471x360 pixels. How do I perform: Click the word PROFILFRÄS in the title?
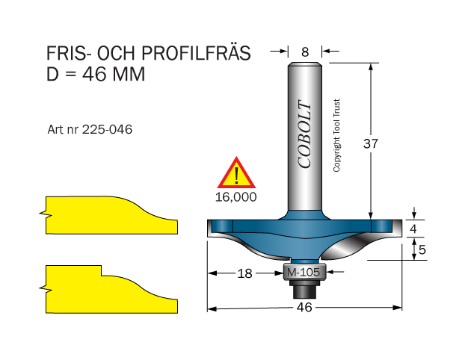196,53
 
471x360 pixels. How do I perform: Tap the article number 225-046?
107,130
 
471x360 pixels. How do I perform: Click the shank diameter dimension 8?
305,52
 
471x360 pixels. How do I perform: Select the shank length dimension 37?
370,143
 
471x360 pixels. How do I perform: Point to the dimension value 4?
413,229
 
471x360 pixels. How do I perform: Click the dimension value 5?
422,249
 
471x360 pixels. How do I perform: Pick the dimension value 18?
244,273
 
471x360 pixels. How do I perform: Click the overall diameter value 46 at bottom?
304,308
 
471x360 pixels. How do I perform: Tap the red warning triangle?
236,173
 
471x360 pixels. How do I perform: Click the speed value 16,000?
236,197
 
